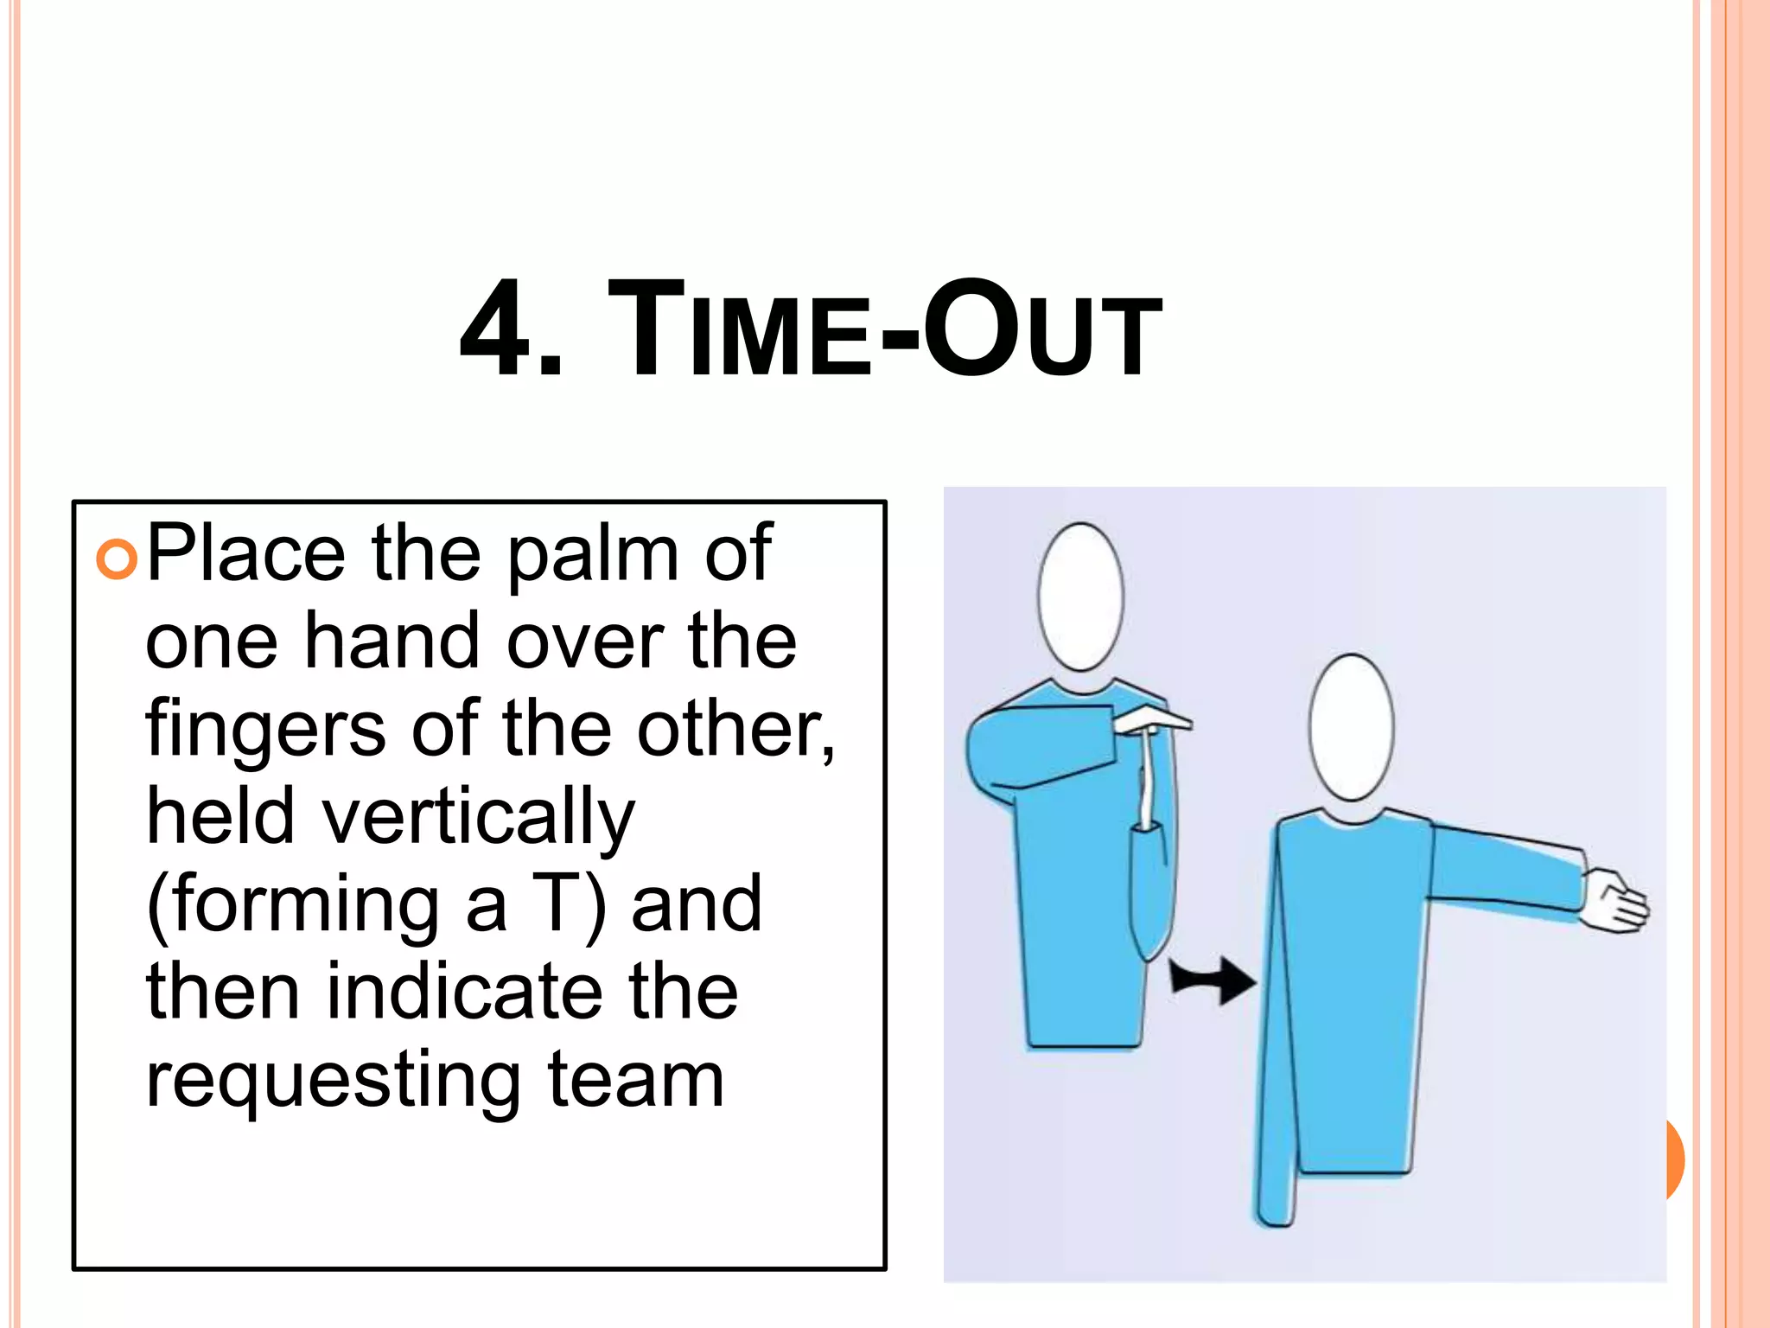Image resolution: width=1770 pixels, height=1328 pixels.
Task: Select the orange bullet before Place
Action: tap(117, 559)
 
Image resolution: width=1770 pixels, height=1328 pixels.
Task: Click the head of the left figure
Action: tap(1080, 597)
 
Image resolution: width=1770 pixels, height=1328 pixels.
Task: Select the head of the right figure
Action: tap(1351, 727)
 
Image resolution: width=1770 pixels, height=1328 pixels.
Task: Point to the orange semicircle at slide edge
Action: tap(1674, 1159)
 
